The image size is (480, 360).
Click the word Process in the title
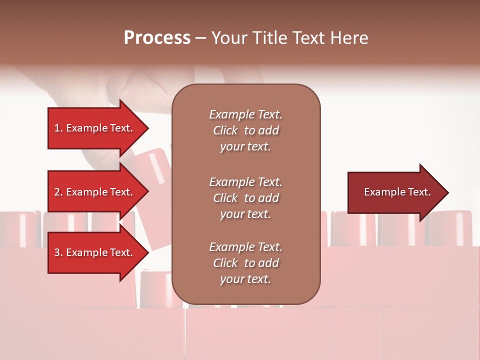(157, 38)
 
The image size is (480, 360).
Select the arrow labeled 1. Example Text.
(95, 128)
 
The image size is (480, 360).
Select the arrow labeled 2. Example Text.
(95, 192)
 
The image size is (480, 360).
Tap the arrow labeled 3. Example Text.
(95, 252)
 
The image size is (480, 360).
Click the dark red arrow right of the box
(395, 192)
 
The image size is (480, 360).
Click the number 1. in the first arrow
(58, 128)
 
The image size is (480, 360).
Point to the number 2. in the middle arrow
(58, 192)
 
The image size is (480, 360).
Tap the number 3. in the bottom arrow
(58, 252)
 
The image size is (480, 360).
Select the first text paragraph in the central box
(245, 130)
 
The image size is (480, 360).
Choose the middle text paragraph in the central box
(245, 198)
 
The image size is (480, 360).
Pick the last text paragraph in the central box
(245, 263)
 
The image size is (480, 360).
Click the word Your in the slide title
(229, 38)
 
